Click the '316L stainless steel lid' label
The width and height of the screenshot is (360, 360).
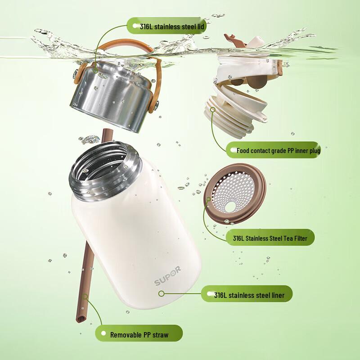pyautogui.click(x=166, y=27)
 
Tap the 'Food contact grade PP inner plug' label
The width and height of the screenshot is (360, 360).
pyautogui.click(x=278, y=150)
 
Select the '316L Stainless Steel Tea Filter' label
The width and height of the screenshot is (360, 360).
pyautogui.click(x=270, y=238)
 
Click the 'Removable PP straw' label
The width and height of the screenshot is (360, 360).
pyautogui.click(x=139, y=335)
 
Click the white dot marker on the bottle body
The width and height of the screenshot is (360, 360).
pyautogui.click(x=161, y=293)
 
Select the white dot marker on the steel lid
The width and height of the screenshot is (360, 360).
pyautogui.click(x=96, y=69)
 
